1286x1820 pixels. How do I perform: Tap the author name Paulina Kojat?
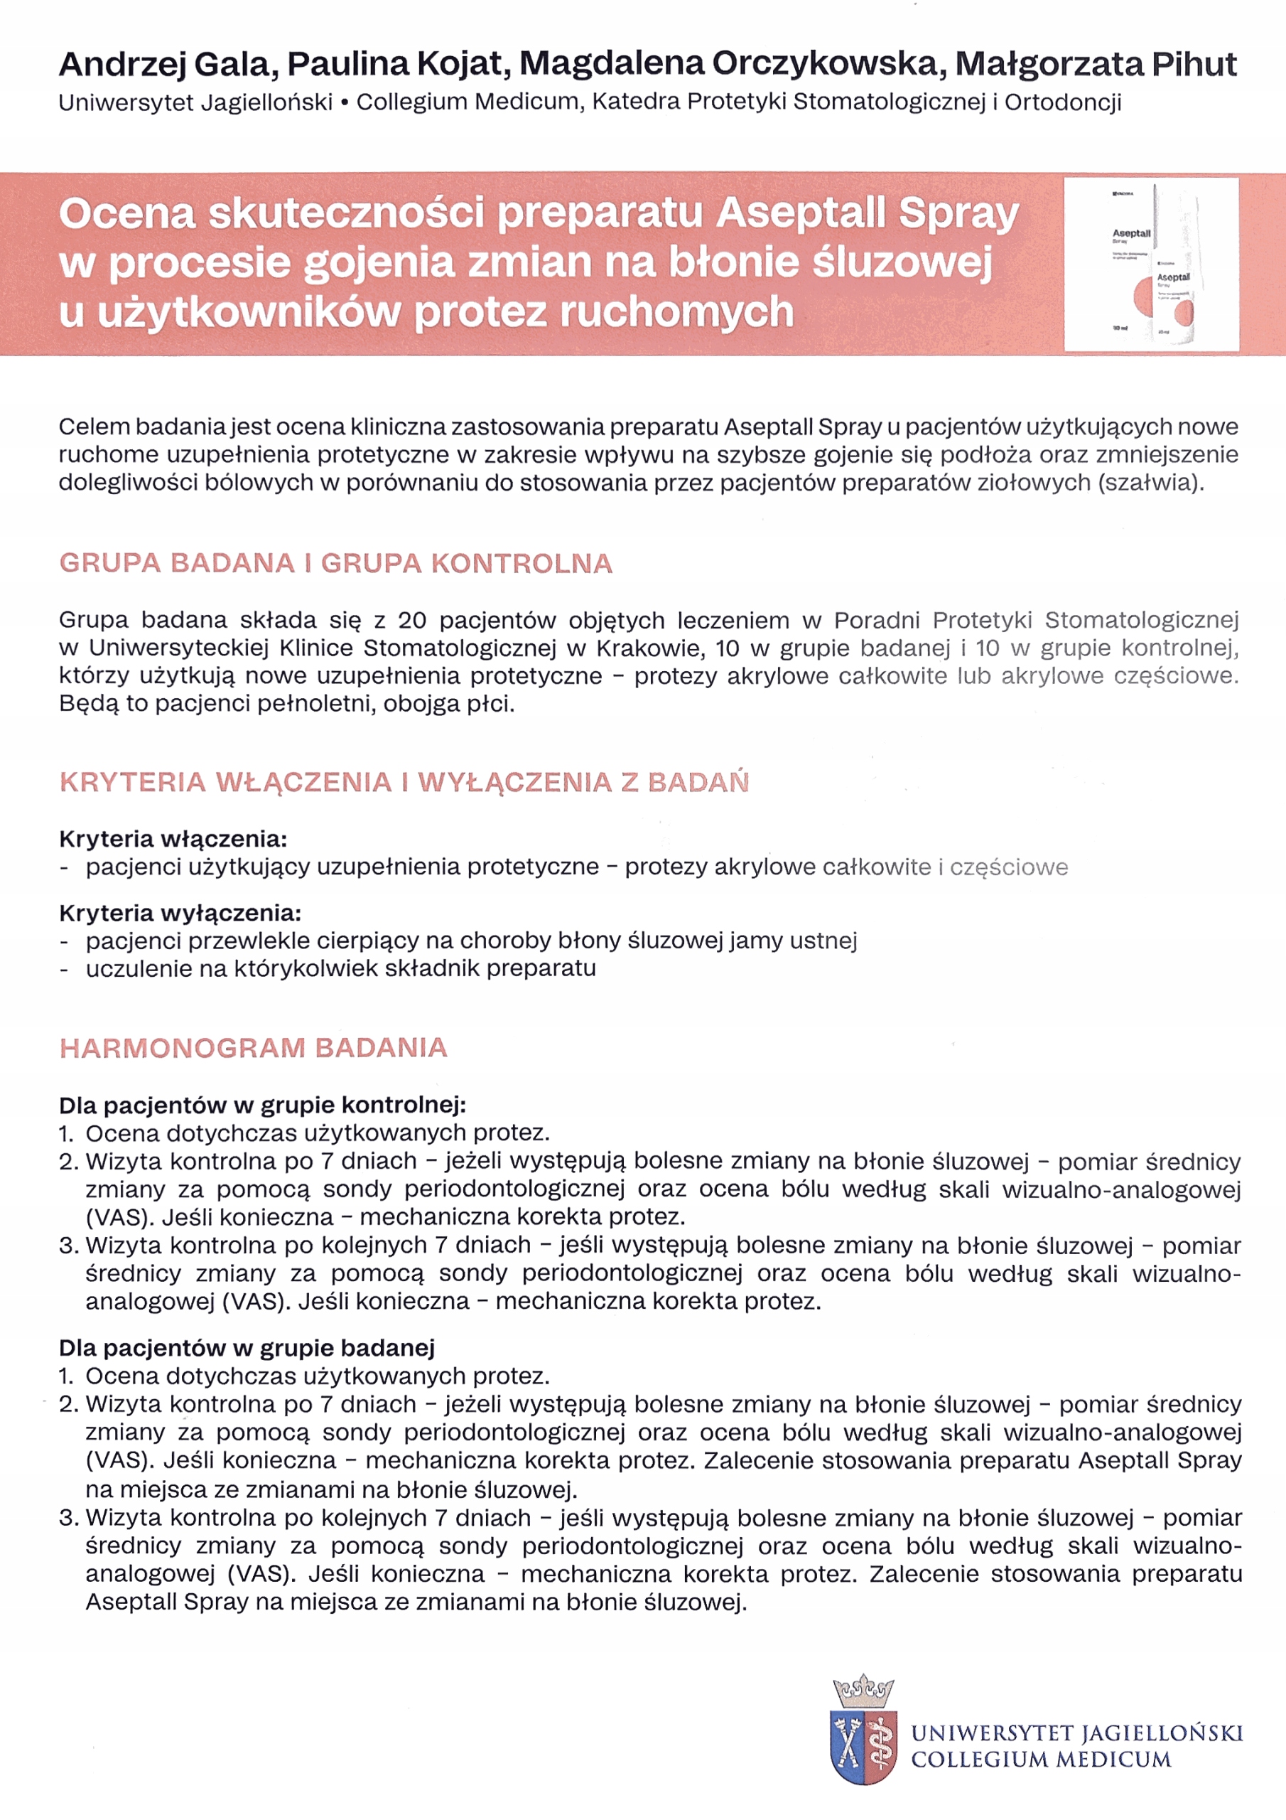[398, 64]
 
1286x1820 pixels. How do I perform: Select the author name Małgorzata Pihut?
[1096, 64]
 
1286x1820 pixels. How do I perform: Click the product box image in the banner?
[1150, 264]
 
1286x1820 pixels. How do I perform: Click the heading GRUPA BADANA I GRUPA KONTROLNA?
[336, 563]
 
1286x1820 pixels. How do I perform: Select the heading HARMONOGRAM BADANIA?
[254, 1047]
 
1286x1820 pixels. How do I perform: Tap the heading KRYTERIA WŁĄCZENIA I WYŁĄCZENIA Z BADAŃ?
[404, 781]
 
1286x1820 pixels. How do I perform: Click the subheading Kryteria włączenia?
[173, 838]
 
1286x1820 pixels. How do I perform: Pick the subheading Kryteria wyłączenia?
[180, 912]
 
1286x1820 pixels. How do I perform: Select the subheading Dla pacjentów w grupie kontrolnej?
[262, 1104]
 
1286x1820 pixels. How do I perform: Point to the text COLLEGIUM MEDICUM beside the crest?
[1040, 1759]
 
